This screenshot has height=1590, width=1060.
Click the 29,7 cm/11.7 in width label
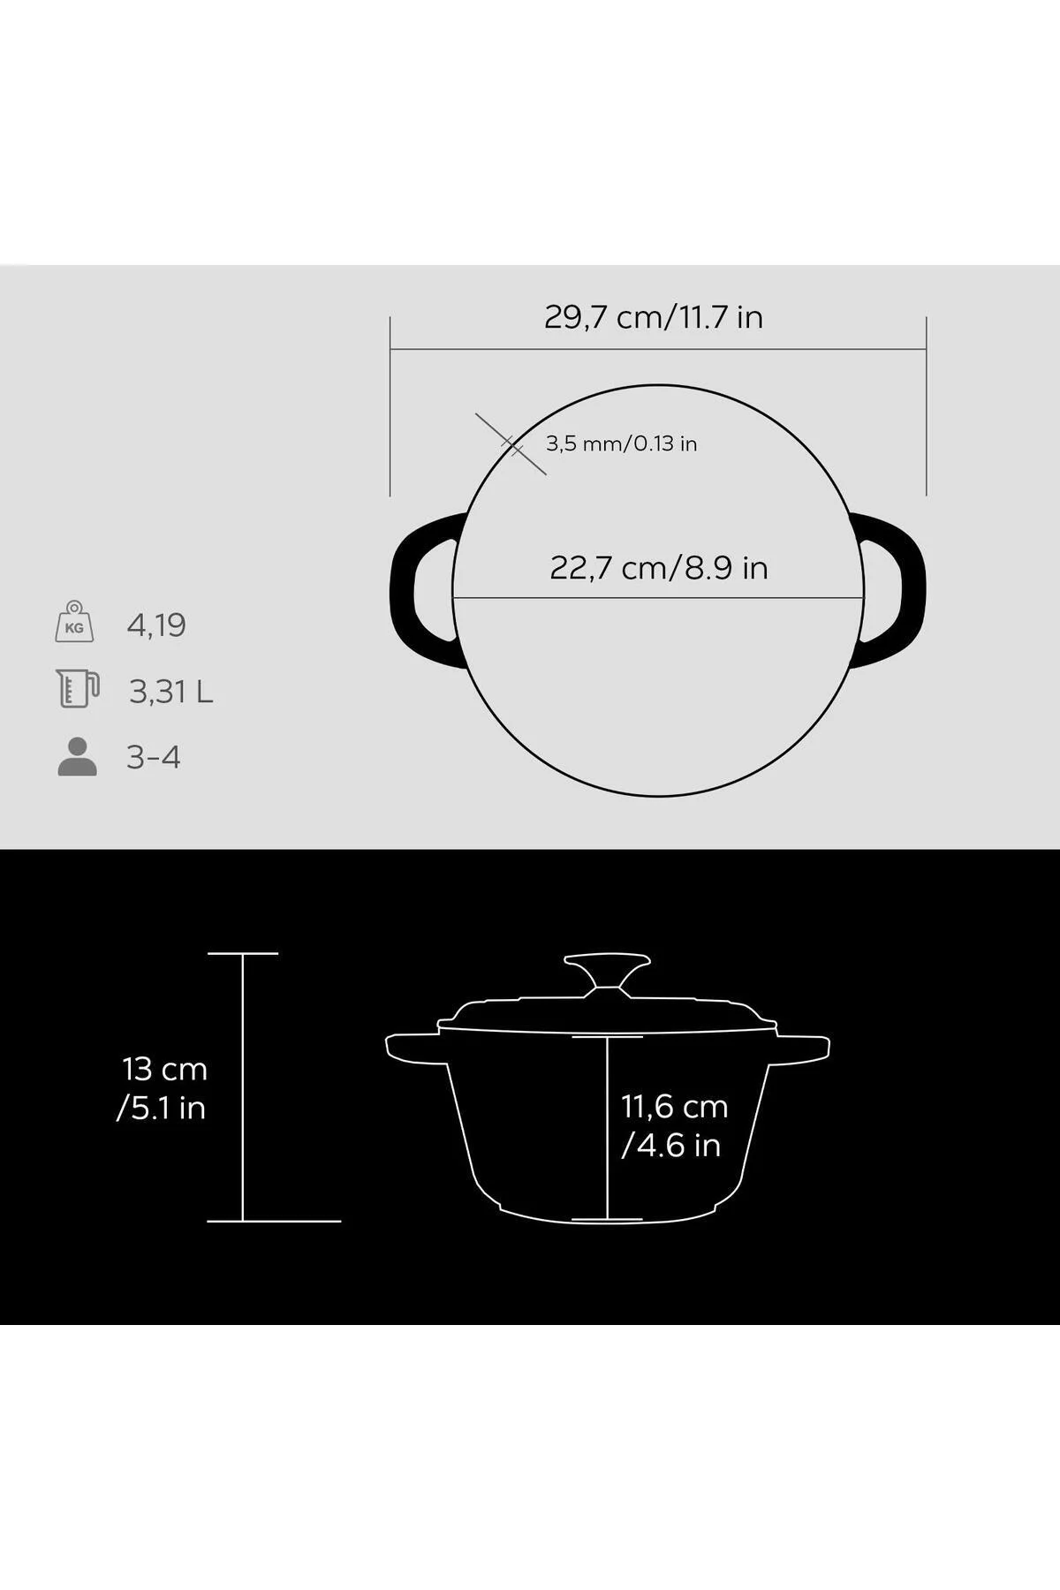(x=654, y=316)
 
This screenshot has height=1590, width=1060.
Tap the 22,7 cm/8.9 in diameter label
(x=659, y=567)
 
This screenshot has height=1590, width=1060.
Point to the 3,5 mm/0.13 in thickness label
(x=621, y=443)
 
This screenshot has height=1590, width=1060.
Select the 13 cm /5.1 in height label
(x=163, y=1088)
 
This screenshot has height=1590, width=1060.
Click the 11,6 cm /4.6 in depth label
(x=674, y=1125)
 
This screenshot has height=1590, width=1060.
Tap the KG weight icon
(x=74, y=622)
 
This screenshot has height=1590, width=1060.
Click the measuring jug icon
(x=77, y=689)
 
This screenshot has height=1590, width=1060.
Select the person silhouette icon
(x=77, y=756)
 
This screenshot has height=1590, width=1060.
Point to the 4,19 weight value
(x=156, y=625)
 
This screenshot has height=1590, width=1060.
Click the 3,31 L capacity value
(x=171, y=692)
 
